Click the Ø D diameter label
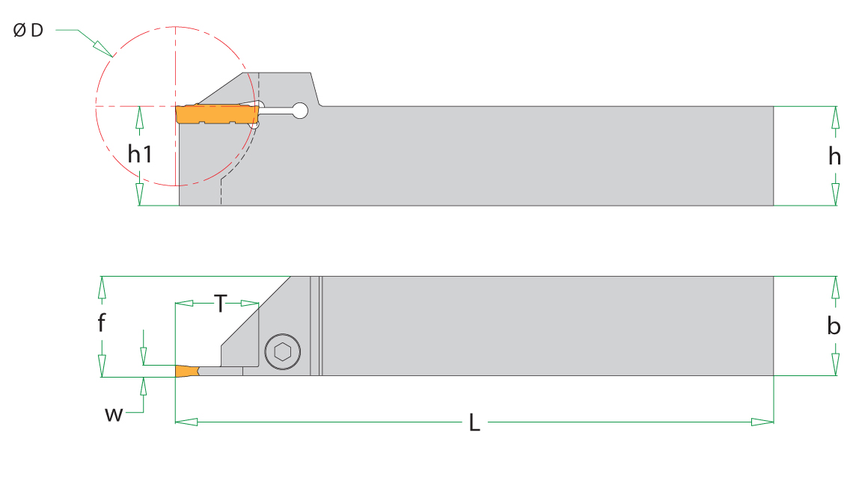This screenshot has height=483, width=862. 28,30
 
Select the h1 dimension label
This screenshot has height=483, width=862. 140,155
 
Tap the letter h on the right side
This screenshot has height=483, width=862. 834,156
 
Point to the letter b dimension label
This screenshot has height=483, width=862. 834,326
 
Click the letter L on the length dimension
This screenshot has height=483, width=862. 474,423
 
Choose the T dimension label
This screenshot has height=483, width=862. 220,304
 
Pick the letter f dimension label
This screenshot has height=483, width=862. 102,323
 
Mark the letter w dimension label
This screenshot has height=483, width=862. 114,413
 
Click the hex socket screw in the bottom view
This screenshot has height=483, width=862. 283,351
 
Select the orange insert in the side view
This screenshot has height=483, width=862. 217,114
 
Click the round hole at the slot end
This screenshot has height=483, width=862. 300,111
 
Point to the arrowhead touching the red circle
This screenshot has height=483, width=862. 103,49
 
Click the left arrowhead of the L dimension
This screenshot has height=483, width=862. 186,422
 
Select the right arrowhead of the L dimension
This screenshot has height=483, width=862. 762,422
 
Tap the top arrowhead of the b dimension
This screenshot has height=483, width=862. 836,287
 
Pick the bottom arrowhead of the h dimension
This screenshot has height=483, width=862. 836,194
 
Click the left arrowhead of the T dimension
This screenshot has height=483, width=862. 184,304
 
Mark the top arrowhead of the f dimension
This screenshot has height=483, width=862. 102,287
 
